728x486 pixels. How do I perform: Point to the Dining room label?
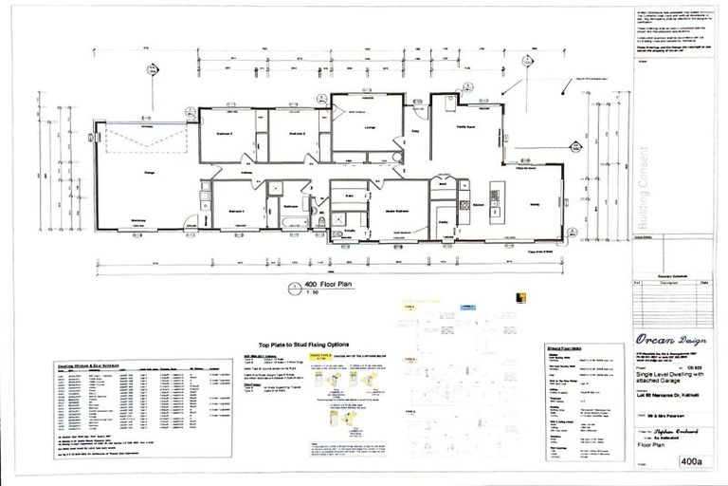(535, 202)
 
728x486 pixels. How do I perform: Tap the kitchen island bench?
(494, 194)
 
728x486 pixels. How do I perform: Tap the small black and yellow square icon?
(520, 298)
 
